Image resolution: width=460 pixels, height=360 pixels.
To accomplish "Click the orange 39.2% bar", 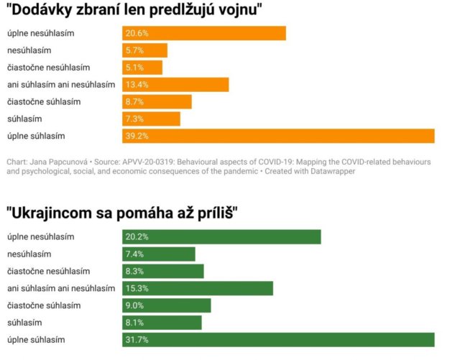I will [278, 136].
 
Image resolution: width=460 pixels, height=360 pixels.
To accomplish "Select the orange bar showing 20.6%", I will [204, 34].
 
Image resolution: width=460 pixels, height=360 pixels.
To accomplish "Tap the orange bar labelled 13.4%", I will [175, 85].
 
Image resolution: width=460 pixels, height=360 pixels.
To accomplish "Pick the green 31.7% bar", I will [278, 339].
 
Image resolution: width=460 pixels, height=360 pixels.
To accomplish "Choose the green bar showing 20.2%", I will [221, 237].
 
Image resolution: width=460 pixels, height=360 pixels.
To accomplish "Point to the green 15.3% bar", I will [198, 288].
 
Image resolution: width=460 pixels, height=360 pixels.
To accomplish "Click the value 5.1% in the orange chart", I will [134, 68].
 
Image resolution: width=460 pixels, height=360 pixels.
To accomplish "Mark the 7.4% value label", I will [134, 254].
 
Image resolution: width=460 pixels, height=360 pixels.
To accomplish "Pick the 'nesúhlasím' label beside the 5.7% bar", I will [29, 50].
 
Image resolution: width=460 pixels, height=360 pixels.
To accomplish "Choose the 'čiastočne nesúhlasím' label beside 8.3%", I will [48, 271].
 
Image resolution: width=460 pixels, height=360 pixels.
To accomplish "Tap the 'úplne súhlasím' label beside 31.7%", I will [36, 339].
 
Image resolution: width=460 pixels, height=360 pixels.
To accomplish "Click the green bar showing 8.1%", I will [162, 322].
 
